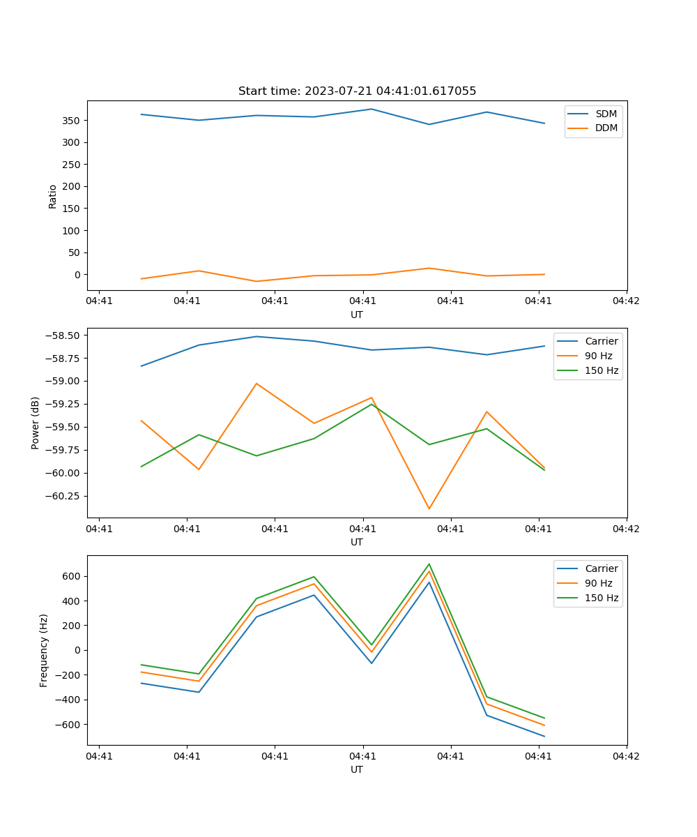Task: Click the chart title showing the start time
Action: click(x=357, y=91)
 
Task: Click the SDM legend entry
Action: click(x=606, y=114)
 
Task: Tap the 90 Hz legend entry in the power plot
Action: click(x=599, y=356)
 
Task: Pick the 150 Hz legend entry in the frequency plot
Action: click(x=602, y=598)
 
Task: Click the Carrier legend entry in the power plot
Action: click(x=601, y=341)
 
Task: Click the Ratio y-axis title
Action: click(x=53, y=196)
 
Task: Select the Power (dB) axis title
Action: click(x=36, y=423)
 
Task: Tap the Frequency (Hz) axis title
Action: click(x=44, y=650)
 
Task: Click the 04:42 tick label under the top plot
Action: click(x=626, y=301)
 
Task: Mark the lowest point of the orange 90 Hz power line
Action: click(x=429, y=508)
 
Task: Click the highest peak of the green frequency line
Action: click(x=429, y=564)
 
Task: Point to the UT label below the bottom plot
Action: click(x=357, y=769)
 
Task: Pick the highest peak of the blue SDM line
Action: click(x=372, y=109)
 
